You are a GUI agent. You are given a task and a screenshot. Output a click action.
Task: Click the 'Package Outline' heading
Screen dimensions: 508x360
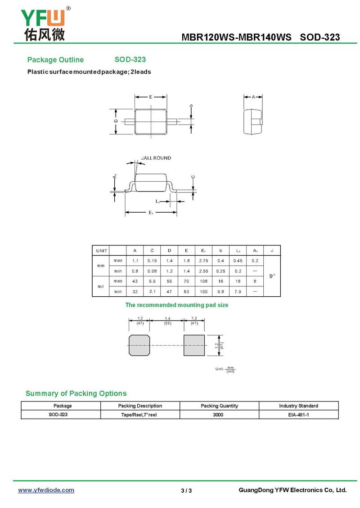[x=55, y=60]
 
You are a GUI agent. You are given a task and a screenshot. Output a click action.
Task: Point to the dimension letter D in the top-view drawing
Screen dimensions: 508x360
[x=116, y=121]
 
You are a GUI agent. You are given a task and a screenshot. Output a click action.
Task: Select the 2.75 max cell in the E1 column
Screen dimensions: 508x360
[x=203, y=261]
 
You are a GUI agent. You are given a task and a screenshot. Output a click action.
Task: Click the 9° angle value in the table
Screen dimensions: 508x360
[x=272, y=276]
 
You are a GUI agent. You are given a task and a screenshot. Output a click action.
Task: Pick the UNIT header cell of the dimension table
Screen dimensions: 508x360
[x=101, y=250]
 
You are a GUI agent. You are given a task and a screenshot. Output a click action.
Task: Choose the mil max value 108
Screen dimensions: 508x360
[x=203, y=281]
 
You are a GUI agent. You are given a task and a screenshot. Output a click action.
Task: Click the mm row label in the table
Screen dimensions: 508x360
[x=101, y=266]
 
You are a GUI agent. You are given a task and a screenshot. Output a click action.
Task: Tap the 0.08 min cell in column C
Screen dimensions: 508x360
[x=152, y=271]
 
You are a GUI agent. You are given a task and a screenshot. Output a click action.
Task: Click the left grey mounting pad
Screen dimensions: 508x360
[x=139, y=346]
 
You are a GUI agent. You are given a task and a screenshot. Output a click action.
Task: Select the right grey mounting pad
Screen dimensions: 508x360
[x=194, y=346]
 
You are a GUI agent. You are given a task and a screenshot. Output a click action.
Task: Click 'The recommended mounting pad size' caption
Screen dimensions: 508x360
[x=176, y=305]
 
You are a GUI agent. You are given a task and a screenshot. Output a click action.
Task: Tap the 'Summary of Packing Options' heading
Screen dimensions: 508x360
[x=76, y=393]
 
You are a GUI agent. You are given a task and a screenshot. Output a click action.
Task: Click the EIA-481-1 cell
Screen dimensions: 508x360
[x=298, y=414]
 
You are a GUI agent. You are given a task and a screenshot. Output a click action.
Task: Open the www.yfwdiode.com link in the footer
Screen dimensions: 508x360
[x=46, y=490]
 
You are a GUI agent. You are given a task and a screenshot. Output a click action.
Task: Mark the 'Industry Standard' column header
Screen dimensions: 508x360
[x=298, y=406]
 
